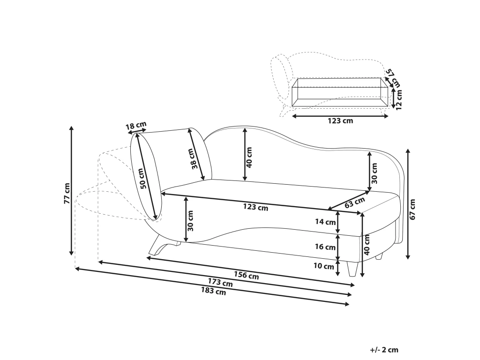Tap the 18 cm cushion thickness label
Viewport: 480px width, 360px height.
click(x=136, y=126)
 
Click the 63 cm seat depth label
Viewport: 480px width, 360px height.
click(x=355, y=202)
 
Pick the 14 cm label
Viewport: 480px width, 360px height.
click(x=325, y=222)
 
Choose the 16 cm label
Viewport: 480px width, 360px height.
click(x=325, y=247)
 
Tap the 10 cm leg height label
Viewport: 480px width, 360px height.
click(x=324, y=266)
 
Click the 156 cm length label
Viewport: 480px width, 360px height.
click(x=247, y=275)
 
